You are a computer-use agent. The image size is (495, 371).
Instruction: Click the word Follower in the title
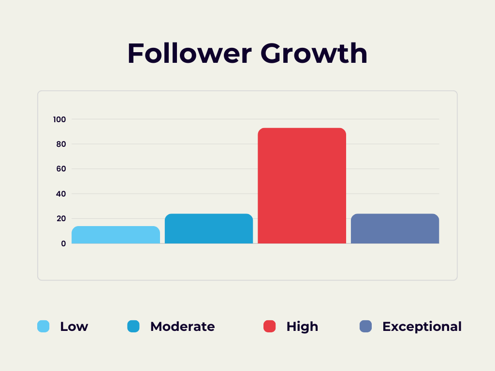click(189, 54)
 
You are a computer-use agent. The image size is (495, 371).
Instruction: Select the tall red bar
click(302, 185)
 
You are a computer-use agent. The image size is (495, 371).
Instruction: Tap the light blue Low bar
click(116, 235)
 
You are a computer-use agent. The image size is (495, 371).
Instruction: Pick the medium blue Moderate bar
click(209, 228)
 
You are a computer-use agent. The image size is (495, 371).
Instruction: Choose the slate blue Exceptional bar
click(395, 228)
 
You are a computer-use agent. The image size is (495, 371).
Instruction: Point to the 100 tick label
click(60, 119)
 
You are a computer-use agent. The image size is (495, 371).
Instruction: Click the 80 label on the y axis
click(61, 144)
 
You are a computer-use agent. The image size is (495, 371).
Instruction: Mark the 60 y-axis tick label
click(61, 169)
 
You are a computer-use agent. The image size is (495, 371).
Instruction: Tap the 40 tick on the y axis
click(61, 194)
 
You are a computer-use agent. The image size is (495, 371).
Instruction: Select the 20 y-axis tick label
click(61, 218)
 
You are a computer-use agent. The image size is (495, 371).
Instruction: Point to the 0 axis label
click(63, 243)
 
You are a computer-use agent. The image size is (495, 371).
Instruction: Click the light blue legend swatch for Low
click(44, 327)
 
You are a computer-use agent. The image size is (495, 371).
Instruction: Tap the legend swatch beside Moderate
click(133, 327)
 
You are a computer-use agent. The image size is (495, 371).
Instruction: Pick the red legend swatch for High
click(270, 327)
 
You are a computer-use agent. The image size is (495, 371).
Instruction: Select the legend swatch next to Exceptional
click(366, 327)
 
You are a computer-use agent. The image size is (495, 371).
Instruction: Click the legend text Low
click(74, 327)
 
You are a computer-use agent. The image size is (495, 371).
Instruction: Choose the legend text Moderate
click(182, 327)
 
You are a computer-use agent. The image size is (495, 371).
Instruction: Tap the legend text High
click(302, 327)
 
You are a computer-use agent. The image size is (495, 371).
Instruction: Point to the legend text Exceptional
click(422, 327)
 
